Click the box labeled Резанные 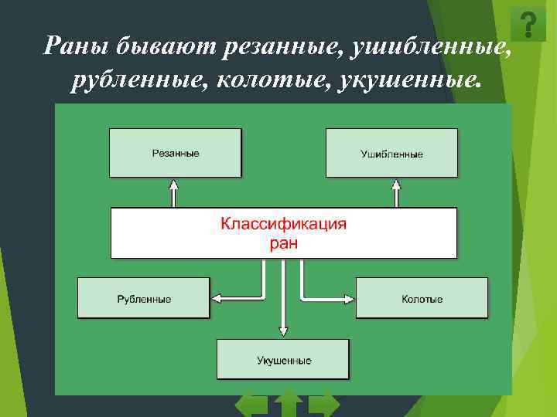(x=175, y=153)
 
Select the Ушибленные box (x=391, y=153)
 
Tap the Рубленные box (x=144, y=297)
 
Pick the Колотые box (x=422, y=297)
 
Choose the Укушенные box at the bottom (x=283, y=359)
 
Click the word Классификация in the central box (x=283, y=225)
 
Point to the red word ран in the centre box (x=283, y=243)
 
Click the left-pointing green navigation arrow (x=250, y=405)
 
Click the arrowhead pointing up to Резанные (x=174, y=185)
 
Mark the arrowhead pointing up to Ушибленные (x=396, y=185)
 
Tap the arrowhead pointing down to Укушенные (x=283, y=331)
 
